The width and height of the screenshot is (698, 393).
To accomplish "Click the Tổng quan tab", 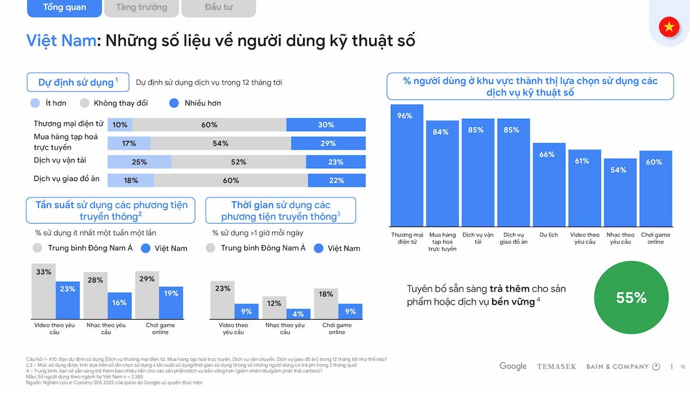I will [65, 8].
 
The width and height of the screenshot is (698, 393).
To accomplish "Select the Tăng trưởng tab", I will [141, 8].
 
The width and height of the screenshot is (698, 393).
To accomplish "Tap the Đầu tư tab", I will [219, 8].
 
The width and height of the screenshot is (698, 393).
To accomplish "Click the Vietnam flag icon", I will [669, 27].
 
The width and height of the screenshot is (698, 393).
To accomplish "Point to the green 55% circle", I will [631, 298].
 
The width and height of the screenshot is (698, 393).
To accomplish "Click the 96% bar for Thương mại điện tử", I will [407, 166].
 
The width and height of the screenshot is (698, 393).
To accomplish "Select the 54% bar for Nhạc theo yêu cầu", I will [620, 193].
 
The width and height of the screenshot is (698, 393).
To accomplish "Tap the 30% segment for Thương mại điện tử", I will [326, 125].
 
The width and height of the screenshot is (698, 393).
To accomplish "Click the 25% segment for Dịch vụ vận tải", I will [140, 162].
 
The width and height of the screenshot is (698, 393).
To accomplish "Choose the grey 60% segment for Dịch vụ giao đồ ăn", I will [231, 180].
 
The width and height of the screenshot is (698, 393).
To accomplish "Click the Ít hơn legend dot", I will [35, 103].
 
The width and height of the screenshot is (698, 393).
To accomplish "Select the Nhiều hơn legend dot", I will [174, 103].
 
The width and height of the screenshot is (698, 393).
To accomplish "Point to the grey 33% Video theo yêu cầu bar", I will [43, 291].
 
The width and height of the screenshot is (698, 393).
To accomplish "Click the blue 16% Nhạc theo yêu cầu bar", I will [119, 305].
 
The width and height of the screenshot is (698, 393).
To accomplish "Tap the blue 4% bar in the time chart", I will [298, 313].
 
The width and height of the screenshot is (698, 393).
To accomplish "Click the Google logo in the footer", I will [513, 366].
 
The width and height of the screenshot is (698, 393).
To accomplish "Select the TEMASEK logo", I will [556, 367].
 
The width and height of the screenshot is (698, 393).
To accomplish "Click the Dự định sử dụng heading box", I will [77, 82].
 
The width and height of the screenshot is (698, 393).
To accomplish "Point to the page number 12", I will [683, 367].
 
